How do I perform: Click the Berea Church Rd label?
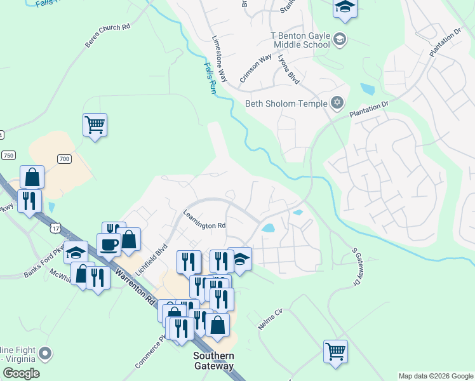click(107, 36)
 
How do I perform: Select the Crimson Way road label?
click(256, 69)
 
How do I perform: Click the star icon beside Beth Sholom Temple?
click(338, 103)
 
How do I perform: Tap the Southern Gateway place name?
click(213, 361)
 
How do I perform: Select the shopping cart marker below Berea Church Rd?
click(95, 124)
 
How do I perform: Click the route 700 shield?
click(64, 158)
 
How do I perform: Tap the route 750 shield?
click(8, 156)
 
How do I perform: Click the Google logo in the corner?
click(20, 373)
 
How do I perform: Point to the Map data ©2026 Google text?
click(435, 376)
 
